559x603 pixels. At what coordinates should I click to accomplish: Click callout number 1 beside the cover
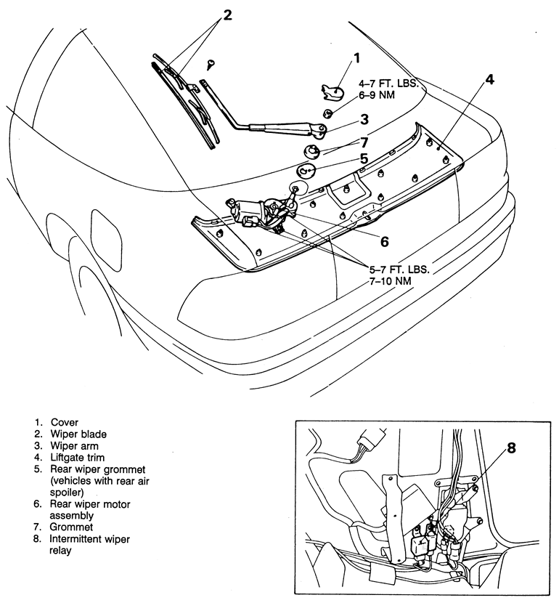(x=356, y=59)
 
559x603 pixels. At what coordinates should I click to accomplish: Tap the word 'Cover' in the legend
(x=65, y=422)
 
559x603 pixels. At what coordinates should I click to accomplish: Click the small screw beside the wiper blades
(x=209, y=64)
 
